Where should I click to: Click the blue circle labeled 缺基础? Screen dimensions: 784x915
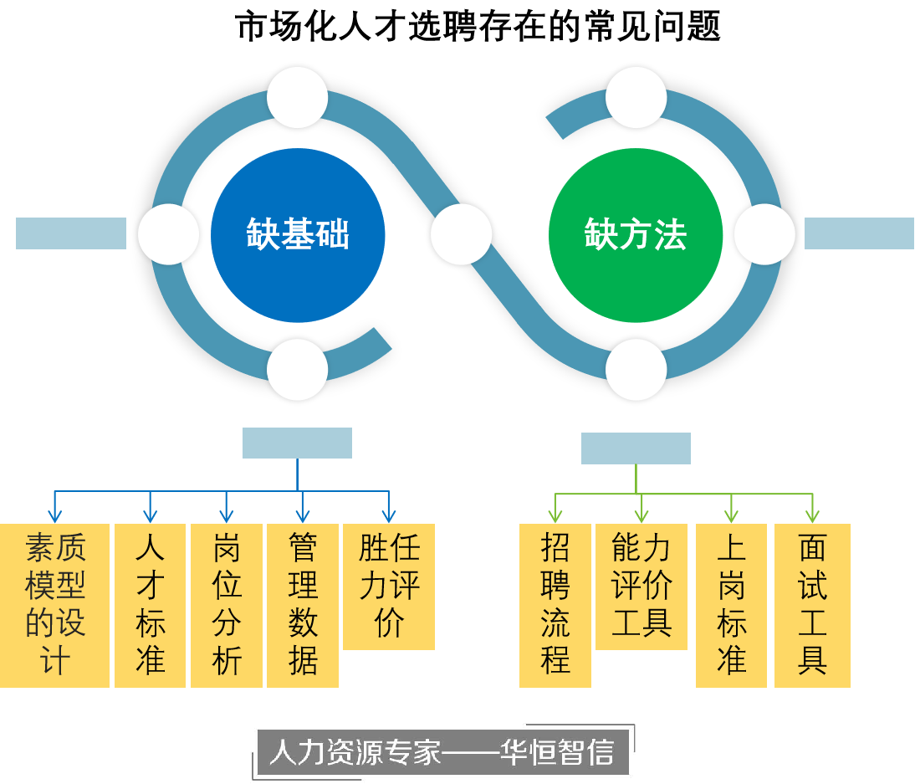coord(298,234)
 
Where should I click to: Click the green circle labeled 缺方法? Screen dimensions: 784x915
coord(636,234)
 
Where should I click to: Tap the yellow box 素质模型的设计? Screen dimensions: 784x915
coord(54,605)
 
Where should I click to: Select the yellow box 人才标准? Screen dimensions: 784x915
coord(150,605)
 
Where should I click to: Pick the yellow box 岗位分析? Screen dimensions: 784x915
coord(226,605)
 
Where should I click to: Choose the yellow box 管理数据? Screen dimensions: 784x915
coord(302,605)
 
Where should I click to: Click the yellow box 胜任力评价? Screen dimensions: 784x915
coord(389,586)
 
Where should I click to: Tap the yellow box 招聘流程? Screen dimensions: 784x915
coord(555,605)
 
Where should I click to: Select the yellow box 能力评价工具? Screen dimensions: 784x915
coord(641,586)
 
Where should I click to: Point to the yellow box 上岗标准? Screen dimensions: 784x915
coord(731,605)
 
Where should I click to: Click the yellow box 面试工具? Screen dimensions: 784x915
coord(812,605)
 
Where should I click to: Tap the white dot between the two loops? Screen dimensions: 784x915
coord(462,234)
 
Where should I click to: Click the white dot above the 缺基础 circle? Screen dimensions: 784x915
coord(298,97)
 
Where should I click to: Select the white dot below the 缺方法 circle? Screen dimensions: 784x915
coord(636,370)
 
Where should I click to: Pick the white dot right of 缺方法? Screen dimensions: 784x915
coord(764,234)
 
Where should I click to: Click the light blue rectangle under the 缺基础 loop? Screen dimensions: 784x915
coord(297,443)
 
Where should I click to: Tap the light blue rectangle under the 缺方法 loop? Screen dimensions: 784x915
coord(636,448)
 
